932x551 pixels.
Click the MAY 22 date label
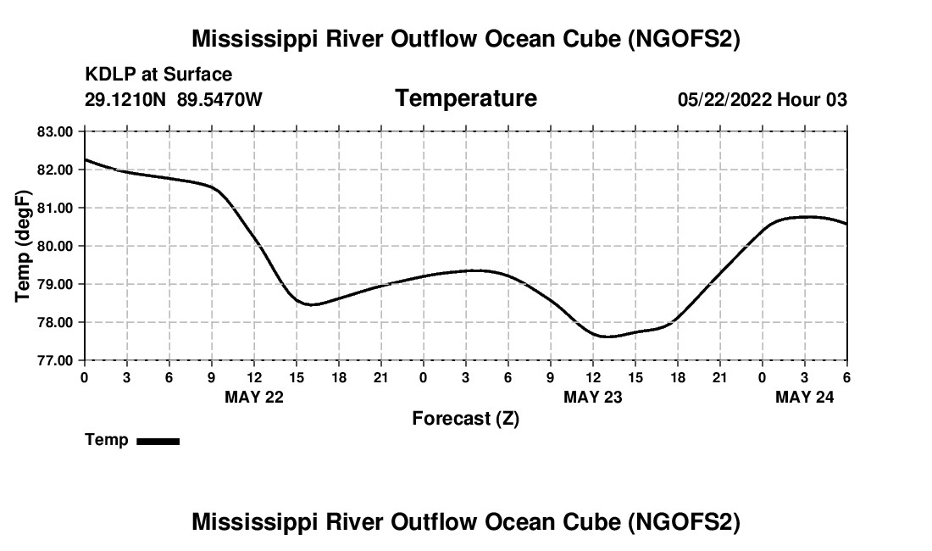(253, 397)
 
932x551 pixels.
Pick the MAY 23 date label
(592, 397)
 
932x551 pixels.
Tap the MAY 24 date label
(804, 397)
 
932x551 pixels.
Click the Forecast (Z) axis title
(465, 418)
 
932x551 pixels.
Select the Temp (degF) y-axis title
(23, 246)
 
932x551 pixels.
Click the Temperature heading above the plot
(466, 98)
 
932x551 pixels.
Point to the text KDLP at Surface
(158, 75)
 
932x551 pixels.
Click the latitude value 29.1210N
(126, 100)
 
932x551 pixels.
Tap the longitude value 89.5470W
(219, 100)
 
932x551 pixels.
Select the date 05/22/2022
(724, 100)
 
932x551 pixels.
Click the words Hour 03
(813, 100)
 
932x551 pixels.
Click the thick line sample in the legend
(158, 441)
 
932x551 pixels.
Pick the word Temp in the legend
(107, 440)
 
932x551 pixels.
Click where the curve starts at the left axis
(85, 159)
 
